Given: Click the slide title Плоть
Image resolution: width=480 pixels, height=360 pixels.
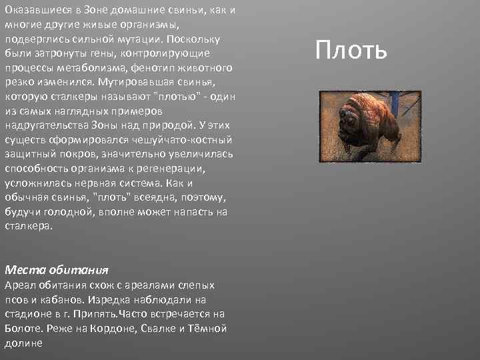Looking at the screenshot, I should pyautogui.click(x=351, y=50).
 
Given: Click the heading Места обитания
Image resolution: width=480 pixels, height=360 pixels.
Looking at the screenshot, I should pyautogui.click(x=56, y=270).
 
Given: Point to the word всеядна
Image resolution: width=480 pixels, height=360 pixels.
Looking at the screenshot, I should pyautogui.click(x=159, y=197).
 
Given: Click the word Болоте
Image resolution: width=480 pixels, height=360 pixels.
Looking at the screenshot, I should pyautogui.click(x=23, y=328).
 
